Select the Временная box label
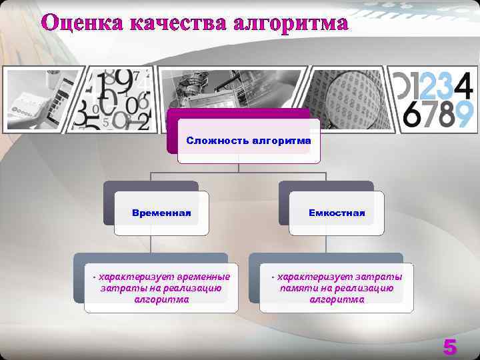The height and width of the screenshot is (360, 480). (x=161, y=213)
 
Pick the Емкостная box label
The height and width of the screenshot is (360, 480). (x=337, y=213)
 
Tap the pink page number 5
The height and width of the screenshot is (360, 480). (x=450, y=347)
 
